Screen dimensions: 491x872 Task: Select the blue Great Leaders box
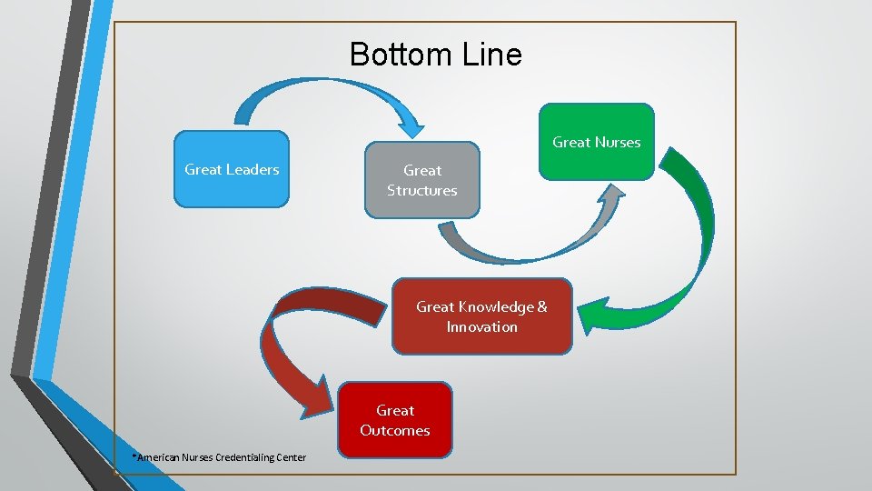tap(232, 170)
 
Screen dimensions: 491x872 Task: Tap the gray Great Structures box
tap(421, 180)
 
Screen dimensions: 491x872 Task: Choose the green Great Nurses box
tap(596, 142)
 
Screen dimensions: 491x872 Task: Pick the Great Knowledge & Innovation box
tap(481, 316)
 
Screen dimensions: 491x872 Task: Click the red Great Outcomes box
tap(394, 420)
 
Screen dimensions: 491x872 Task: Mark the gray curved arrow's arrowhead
tap(613, 195)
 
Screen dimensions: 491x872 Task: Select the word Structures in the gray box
tap(421, 191)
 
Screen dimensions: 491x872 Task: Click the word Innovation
tap(481, 327)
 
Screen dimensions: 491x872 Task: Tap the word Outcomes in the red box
tap(394, 431)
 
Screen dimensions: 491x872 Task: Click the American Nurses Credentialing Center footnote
tap(219, 456)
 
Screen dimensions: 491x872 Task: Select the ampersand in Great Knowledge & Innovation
tap(542, 307)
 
